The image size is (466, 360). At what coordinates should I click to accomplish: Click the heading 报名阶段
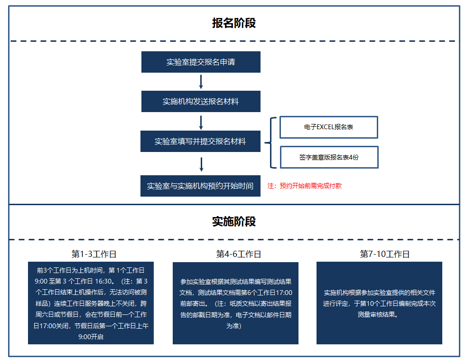click(234, 23)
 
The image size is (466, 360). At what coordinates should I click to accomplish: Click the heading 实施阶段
click(234, 222)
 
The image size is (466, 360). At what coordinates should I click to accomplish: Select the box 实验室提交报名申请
click(201, 62)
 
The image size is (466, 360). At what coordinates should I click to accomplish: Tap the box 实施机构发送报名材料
click(201, 102)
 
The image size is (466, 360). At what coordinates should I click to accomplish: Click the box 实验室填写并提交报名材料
click(200, 142)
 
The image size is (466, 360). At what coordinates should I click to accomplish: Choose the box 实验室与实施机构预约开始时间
click(200, 186)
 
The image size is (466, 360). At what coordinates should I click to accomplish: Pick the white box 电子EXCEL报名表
click(328, 127)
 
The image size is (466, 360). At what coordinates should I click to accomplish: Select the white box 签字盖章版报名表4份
click(329, 157)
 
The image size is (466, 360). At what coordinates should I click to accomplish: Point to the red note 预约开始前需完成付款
click(304, 186)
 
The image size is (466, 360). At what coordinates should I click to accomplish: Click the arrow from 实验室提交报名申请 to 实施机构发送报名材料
click(201, 82)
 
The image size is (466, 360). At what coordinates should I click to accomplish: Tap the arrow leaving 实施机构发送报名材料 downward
click(201, 122)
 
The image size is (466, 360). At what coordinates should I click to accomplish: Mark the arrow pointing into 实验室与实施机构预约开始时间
click(201, 164)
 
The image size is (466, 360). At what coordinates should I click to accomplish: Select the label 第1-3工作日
click(93, 254)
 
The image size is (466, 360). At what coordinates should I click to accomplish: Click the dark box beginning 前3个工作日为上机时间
click(91, 303)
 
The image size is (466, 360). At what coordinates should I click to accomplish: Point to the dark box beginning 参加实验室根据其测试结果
click(235, 303)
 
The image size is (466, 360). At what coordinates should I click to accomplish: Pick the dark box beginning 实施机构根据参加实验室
click(379, 303)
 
